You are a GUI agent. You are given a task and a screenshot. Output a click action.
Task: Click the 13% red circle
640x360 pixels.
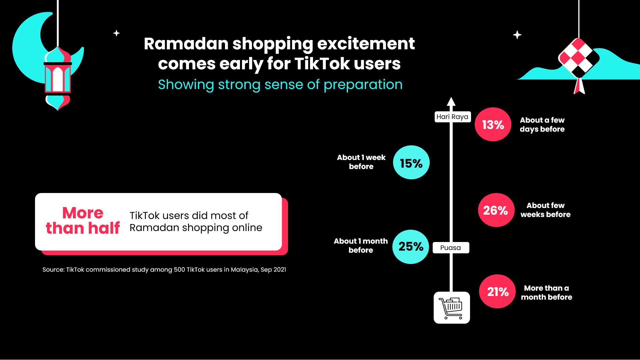pyautogui.click(x=493, y=124)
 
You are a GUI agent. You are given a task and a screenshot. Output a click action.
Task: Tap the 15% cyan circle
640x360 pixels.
pyautogui.click(x=411, y=163)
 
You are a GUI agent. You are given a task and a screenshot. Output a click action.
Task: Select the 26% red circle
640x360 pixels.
pyautogui.click(x=496, y=210)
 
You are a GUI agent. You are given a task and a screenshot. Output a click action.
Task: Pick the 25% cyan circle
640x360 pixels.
pyautogui.click(x=411, y=247)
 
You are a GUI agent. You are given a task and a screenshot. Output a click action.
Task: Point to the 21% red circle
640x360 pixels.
pyautogui.click(x=497, y=291)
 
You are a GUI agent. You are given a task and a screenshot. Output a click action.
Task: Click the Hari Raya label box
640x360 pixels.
pyautogui.click(x=452, y=117)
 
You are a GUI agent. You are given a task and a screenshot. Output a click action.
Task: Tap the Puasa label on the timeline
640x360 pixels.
pyautogui.click(x=451, y=248)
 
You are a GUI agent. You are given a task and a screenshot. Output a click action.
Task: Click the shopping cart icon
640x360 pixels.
pyautogui.click(x=451, y=308)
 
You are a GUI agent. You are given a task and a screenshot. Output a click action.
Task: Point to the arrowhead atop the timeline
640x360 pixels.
pyautogui.click(x=451, y=101)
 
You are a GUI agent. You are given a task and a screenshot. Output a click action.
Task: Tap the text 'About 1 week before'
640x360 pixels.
pyautogui.click(x=361, y=162)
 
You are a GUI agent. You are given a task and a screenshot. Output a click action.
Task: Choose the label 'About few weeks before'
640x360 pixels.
pyautogui.click(x=545, y=210)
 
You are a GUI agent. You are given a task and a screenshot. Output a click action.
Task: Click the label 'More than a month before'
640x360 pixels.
pyautogui.click(x=546, y=293)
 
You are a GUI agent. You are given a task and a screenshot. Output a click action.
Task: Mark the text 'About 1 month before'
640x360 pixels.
pyautogui.click(x=361, y=246)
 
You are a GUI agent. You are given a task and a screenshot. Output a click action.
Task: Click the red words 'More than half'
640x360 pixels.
pyautogui.click(x=83, y=221)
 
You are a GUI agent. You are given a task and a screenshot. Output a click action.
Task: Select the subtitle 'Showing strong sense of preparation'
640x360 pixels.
pyautogui.click(x=280, y=85)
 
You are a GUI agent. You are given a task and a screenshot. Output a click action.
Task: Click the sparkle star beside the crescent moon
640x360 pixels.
pyautogui.click(x=116, y=33)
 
